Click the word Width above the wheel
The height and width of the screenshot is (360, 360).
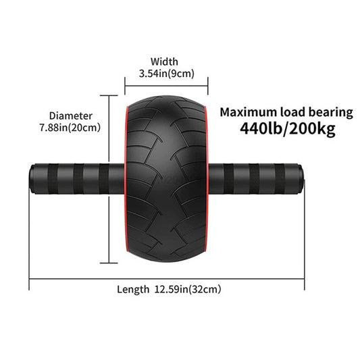(x=165, y=61)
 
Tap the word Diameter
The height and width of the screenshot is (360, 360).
(x=71, y=115)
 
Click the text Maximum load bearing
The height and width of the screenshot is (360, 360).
(x=286, y=112)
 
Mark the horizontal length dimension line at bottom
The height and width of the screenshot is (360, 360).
(x=166, y=277)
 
